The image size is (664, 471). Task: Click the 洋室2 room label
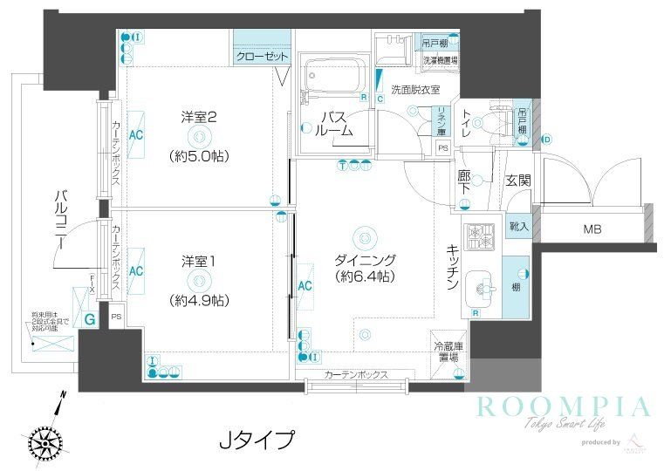pos(199,116)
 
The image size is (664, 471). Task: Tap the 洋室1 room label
pos(199,261)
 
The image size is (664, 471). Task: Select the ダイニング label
pos(366,260)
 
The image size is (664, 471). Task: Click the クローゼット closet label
pos(262,57)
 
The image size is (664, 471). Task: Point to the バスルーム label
pos(335,124)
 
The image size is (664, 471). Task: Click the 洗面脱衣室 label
pos(414,89)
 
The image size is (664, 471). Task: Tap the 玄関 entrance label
pos(518,181)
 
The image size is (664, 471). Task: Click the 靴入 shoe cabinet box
pos(517,225)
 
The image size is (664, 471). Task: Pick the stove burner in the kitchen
pos(478,236)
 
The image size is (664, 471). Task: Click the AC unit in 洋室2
pos(136,135)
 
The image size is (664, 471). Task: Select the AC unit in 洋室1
pos(136,270)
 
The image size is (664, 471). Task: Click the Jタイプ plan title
pos(255,439)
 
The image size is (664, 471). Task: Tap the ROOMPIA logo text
pos(563,407)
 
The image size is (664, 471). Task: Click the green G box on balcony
pos(90,320)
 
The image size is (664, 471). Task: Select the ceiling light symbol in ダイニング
pos(364,235)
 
